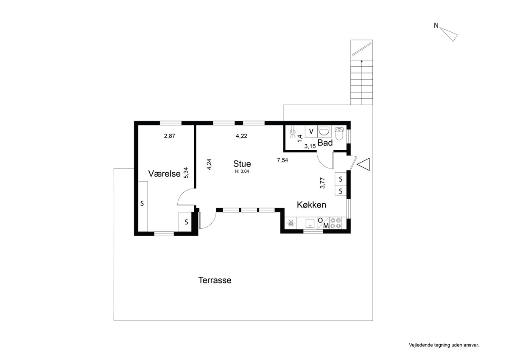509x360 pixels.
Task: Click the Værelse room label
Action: tap(164, 174)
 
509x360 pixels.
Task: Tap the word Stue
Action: tap(242, 164)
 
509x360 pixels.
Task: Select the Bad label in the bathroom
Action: tap(325, 143)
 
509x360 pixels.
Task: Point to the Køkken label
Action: tap(311, 205)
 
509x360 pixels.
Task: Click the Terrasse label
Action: tap(215, 280)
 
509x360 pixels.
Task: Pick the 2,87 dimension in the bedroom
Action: tap(170, 136)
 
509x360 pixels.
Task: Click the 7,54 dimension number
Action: tap(282, 160)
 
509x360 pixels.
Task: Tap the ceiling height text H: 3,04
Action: tap(242, 172)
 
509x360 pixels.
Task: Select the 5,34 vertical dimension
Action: tap(186, 173)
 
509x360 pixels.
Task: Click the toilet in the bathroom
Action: tap(339, 133)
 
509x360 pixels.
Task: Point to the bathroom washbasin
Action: tap(324, 132)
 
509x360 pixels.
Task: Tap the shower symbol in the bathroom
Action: tap(293, 133)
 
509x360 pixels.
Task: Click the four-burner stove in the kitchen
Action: tap(336, 223)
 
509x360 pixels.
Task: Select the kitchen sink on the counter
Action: tap(310, 223)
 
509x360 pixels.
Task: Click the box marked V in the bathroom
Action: tap(311, 132)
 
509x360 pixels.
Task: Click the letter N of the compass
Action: tap(436, 26)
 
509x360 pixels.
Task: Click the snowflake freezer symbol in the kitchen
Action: tap(291, 223)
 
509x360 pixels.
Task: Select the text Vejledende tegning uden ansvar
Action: tap(444, 345)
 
